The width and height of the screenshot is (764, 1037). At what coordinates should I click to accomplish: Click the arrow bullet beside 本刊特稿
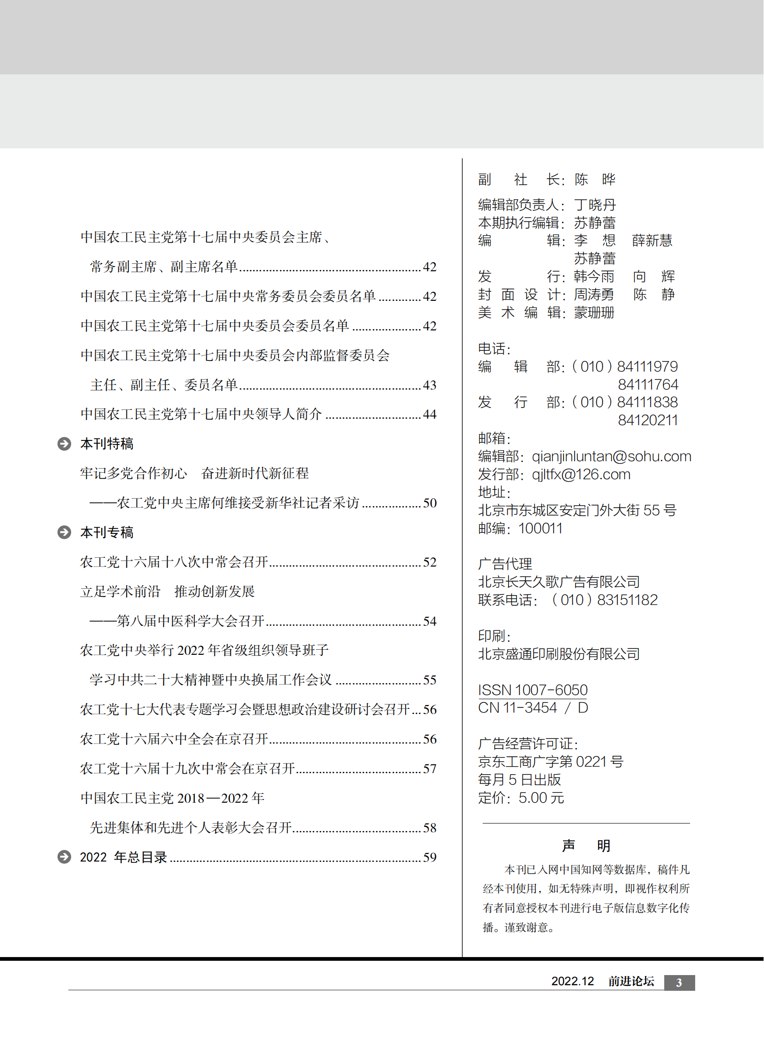64,444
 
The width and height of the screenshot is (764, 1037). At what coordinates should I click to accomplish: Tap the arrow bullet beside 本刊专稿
64,532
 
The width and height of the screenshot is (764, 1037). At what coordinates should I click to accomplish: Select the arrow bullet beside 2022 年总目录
64,857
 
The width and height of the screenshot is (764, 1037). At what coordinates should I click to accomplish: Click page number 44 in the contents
430,414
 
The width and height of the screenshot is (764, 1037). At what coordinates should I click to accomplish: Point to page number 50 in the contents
430,503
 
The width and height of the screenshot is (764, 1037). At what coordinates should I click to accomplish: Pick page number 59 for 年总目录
430,857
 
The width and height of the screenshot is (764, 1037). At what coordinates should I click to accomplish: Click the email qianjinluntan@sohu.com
612,457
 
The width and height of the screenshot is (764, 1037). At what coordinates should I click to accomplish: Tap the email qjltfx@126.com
581,475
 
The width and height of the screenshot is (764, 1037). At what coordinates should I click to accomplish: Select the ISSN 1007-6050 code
533,690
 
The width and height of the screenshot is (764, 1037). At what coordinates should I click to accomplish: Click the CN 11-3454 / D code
533,708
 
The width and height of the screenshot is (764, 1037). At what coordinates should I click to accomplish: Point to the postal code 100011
540,529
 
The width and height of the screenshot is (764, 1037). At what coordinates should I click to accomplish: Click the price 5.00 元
541,798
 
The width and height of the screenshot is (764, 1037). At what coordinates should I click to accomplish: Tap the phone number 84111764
648,384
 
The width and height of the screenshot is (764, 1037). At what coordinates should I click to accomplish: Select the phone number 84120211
648,421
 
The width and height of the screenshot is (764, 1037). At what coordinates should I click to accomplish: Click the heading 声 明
586,846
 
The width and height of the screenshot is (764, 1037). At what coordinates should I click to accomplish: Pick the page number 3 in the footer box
679,982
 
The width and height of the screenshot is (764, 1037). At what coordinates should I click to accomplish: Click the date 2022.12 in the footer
572,982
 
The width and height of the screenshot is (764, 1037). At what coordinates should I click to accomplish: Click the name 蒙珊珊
594,313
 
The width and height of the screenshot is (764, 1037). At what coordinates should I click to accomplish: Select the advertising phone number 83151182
627,600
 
